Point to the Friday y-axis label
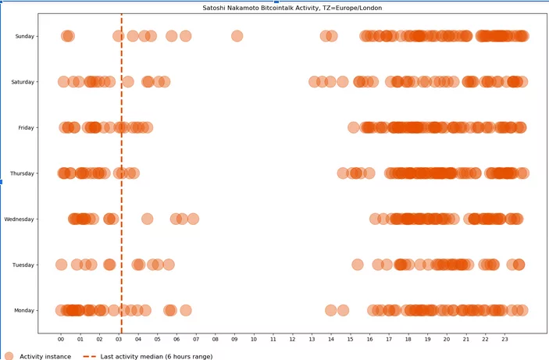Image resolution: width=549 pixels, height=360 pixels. pos(26,127)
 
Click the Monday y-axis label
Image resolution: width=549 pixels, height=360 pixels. pos(24,311)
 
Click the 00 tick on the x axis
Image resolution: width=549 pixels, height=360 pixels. pos(62,340)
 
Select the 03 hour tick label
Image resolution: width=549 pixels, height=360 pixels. pos(119,340)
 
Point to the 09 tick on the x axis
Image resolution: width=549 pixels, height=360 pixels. pos(235,340)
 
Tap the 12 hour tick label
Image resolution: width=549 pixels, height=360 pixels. pos(293,340)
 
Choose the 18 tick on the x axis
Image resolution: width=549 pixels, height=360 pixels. pos(408,340)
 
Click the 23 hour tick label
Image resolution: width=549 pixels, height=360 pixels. pos(504,340)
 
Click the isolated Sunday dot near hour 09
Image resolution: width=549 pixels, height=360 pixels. pos(237,36)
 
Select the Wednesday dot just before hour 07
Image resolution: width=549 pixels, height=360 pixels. pos(193,219)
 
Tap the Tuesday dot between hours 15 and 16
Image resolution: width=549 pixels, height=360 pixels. pos(358,265)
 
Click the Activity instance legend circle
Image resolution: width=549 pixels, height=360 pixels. pos(9,356)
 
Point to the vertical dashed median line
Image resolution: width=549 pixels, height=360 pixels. pos(122,195)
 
